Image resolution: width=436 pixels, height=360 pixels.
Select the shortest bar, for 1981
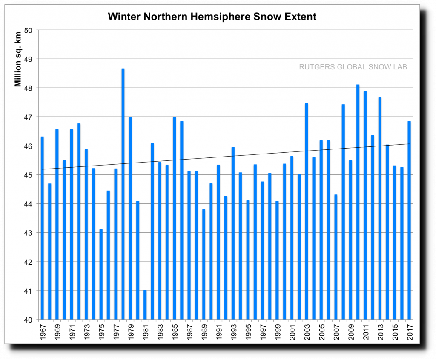[145, 305]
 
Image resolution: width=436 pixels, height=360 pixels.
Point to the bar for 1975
[101, 274]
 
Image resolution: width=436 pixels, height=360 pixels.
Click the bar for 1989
[204, 264]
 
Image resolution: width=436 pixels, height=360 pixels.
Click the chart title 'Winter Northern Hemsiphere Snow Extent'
[212, 17]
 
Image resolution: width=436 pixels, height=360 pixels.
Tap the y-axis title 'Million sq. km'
[18, 62]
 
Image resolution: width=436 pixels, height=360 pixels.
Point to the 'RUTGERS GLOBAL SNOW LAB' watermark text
[353, 67]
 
